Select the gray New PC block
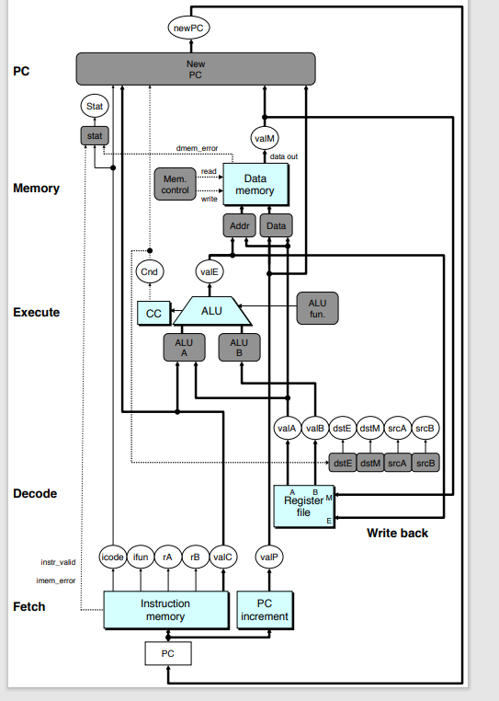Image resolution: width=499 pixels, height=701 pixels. pos(195,68)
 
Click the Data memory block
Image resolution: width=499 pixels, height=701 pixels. pos(255,184)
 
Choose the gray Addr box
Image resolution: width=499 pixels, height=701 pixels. pos(238,225)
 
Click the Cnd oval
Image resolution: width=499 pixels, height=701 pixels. pos(148,271)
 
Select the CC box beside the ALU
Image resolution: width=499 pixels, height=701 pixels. pos(153,313)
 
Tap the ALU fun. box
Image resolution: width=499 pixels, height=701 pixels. pos(317,309)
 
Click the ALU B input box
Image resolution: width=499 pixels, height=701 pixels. pos(239,347)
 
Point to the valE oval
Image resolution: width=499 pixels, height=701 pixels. pos(209,271)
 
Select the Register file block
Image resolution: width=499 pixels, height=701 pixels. pos(304,506)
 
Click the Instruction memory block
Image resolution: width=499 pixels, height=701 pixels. pos(165,610)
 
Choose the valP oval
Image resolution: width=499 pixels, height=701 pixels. pos(267,557)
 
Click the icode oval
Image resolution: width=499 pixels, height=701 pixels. pos(112,557)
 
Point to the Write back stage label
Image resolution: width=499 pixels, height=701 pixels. pos(397,533)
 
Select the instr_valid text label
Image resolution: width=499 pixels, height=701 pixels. pos(58,561)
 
